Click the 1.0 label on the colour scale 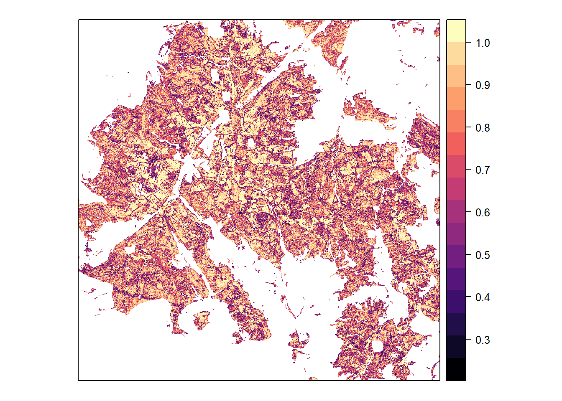click(x=483, y=43)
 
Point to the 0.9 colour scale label click(x=483, y=85)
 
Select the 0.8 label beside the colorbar click(x=483, y=128)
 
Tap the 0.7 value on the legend click(x=483, y=170)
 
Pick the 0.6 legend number click(x=483, y=213)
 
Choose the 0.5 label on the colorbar click(x=483, y=255)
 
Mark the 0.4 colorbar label click(x=483, y=297)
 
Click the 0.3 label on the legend click(x=483, y=340)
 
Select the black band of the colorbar click(x=456, y=369)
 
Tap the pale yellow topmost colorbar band click(x=456, y=30)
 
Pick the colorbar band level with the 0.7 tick click(x=456, y=166)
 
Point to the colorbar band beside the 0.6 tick click(x=456, y=211)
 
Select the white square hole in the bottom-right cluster click(x=378, y=346)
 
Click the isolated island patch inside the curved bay click(x=202, y=320)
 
